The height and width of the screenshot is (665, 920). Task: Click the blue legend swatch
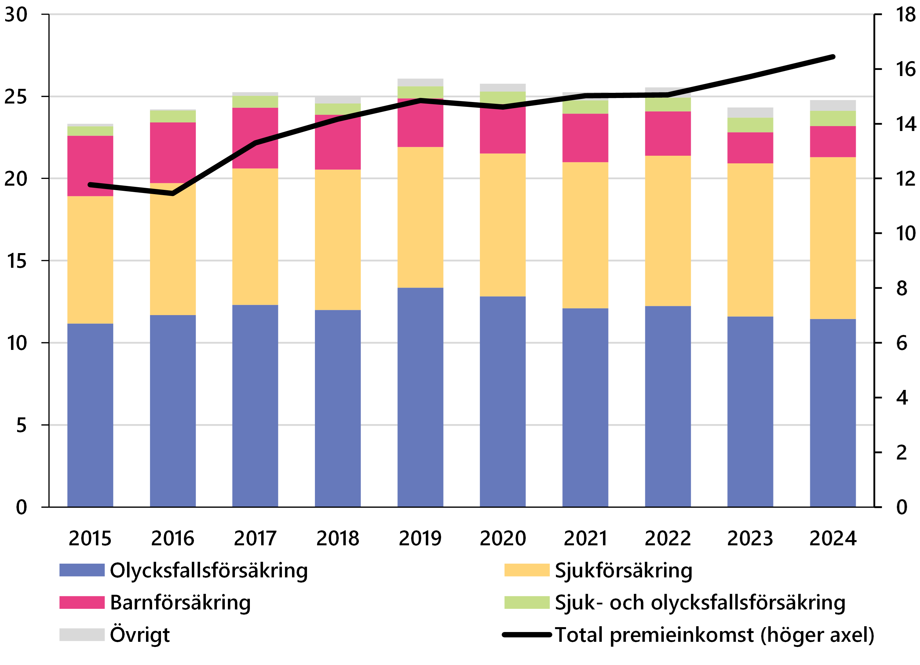pos(82,570)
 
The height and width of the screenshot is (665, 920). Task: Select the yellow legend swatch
pos(527,570)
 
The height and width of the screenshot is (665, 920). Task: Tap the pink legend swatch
pos(82,602)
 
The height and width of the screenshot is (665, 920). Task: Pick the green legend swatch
pos(527,602)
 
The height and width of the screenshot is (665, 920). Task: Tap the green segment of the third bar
pos(255,102)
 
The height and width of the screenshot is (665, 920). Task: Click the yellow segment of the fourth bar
pos(338,240)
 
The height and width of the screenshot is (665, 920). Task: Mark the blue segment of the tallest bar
pos(420,397)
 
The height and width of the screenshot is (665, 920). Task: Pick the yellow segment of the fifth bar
pos(420,217)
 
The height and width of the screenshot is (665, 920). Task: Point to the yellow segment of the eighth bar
pos(668,231)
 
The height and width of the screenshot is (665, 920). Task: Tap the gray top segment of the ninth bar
pos(750,112)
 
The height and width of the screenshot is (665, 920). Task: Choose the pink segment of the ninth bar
pos(750,147)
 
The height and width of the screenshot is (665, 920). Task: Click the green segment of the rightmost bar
pos(833,118)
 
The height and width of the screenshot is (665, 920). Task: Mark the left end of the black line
pos(90,185)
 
